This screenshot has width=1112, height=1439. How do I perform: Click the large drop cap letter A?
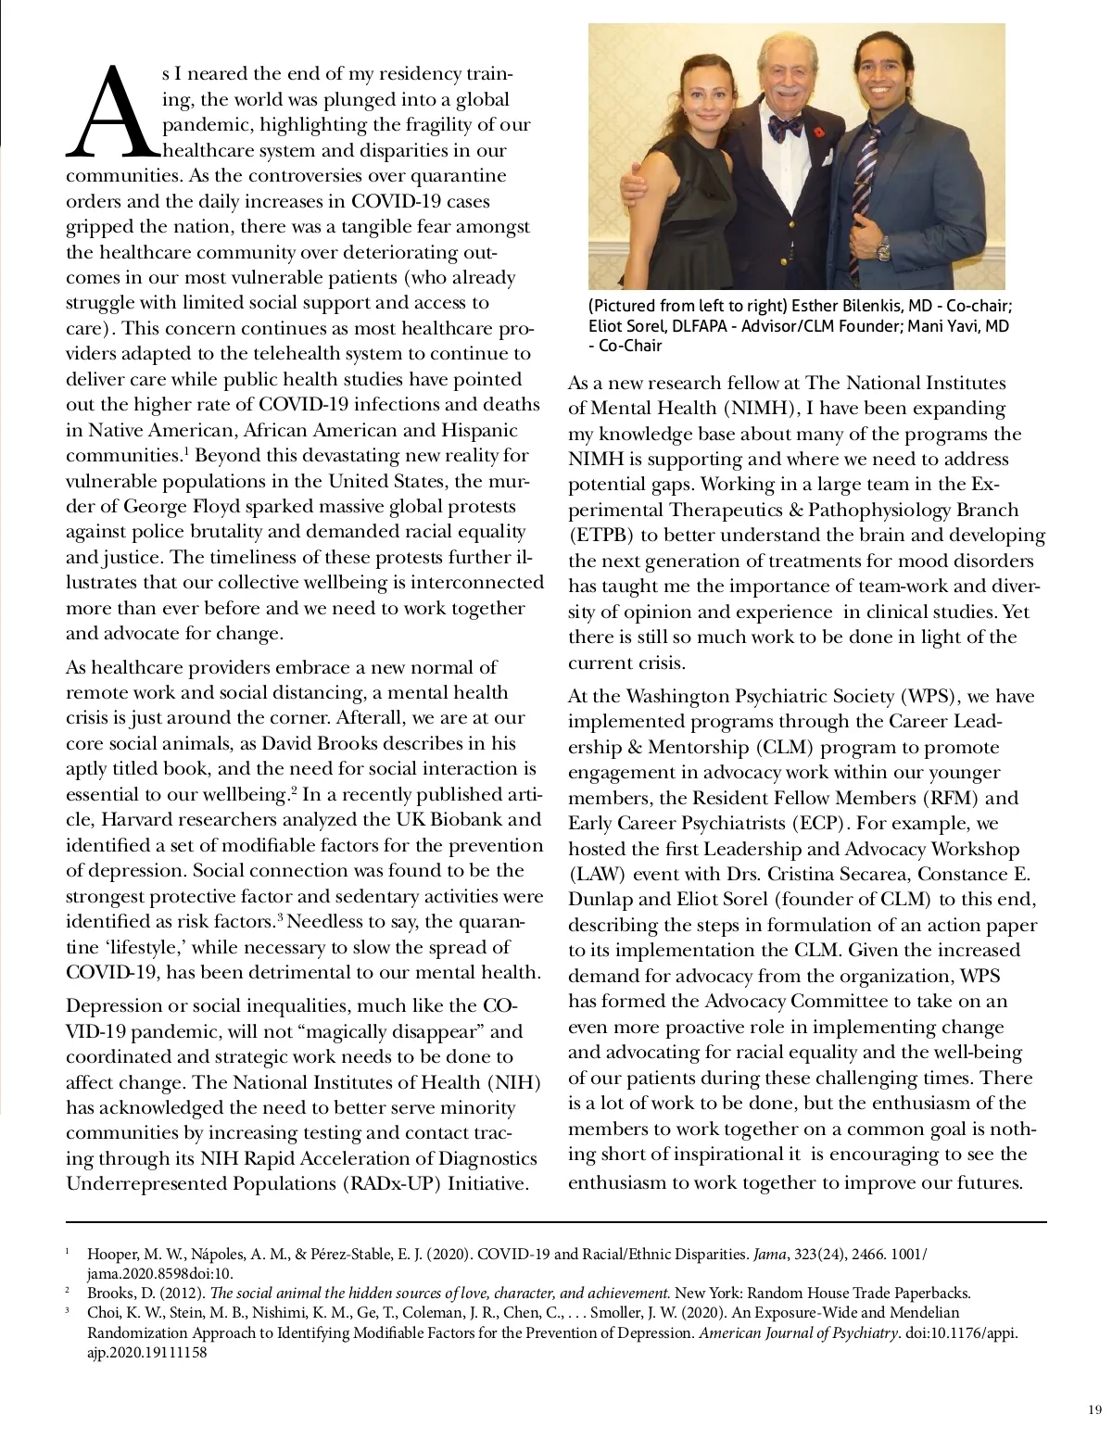click(x=112, y=109)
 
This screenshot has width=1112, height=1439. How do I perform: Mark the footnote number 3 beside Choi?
click(x=68, y=1311)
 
